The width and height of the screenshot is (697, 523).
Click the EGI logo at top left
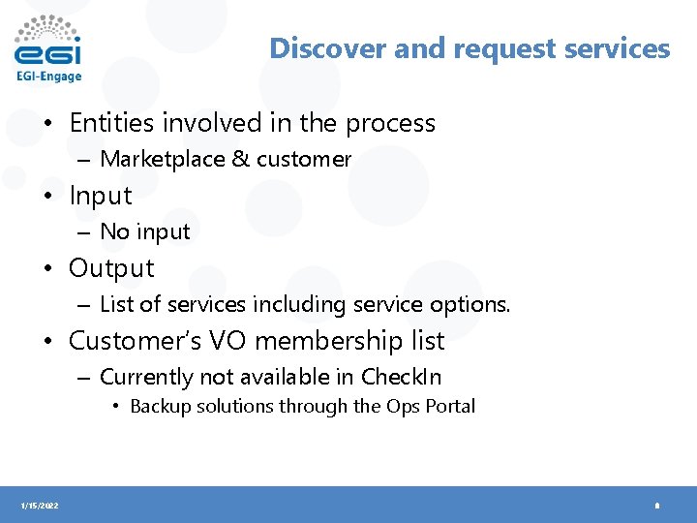tap(47, 42)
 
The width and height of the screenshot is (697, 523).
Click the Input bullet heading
tap(100, 196)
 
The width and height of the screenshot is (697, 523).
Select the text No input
tap(145, 231)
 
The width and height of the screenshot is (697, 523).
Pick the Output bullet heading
tap(111, 268)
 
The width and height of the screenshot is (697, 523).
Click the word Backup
tap(159, 406)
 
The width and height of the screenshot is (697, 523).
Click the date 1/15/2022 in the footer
tap(39, 506)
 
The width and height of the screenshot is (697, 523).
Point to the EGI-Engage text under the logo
tap(48, 76)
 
